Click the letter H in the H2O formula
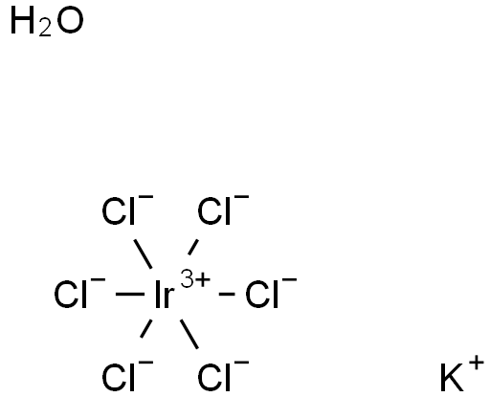coord(23,21)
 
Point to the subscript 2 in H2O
coord(45,29)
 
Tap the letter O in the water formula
coord(71,21)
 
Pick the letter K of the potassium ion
coord(452,378)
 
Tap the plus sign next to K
coord(477,364)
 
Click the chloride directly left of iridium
coord(79,294)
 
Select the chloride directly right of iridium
coord(271,294)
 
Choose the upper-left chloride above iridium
coord(127,210)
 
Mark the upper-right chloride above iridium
coord(223,210)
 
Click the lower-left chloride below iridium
coord(127,376)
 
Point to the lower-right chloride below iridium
coord(223,376)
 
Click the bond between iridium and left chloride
coord(130,294)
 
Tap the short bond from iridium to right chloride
coord(227,294)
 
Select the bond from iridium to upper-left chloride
coord(143,254)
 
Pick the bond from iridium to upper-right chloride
coord(193,247)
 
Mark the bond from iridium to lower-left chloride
coord(146,328)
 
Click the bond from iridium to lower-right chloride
coord(189,334)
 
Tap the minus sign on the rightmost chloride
coord(290,280)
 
